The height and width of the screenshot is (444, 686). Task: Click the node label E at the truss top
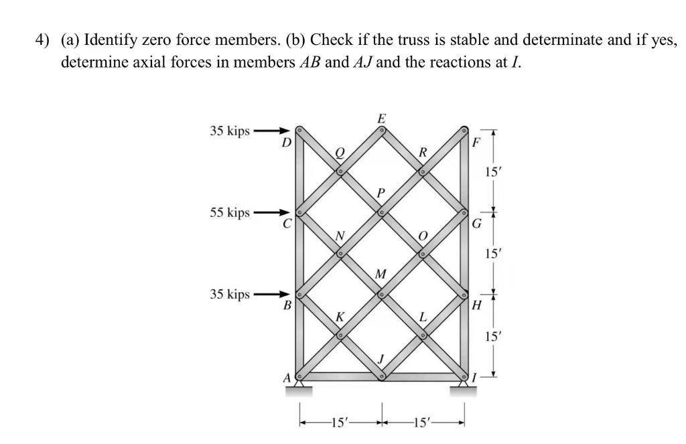(382, 119)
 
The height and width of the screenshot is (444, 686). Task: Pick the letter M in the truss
(381, 275)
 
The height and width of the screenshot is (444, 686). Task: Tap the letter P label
(381, 193)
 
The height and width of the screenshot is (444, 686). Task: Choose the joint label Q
(340, 153)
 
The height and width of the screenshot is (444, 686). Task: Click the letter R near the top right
(422, 153)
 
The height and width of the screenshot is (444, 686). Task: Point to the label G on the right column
(477, 224)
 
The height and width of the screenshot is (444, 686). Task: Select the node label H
(477, 306)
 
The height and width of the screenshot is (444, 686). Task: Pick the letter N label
(340, 235)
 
